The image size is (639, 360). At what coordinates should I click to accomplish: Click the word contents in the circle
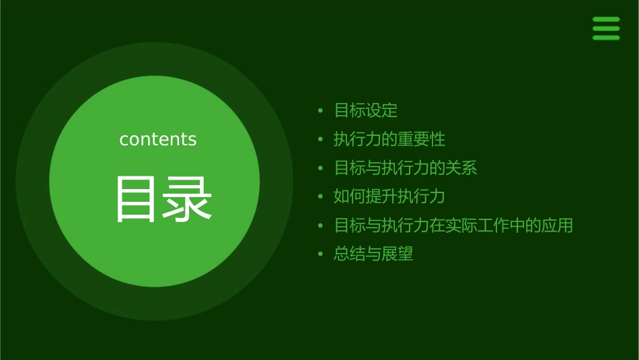click(158, 139)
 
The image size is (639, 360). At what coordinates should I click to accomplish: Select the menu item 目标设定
click(366, 110)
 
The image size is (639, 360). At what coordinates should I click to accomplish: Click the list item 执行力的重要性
click(389, 139)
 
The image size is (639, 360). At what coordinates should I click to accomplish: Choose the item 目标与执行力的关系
click(406, 168)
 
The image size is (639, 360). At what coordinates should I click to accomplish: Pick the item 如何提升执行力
click(389, 196)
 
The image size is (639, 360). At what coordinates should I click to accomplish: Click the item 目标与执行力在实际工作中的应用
click(453, 225)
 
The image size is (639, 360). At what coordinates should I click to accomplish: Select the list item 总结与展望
click(373, 254)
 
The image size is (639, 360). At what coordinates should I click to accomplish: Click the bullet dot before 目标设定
click(321, 110)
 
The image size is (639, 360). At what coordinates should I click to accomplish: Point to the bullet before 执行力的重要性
click(321, 139)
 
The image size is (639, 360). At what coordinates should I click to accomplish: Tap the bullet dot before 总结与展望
click(321, 254)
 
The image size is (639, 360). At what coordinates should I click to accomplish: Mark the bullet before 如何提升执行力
click(321, 196)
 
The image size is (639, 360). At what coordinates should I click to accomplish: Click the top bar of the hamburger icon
click(606, 19)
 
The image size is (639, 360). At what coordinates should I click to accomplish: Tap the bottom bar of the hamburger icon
click(606, 38)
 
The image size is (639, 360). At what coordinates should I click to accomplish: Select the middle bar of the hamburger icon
click(606, 28)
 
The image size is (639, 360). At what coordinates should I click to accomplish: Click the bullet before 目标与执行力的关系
click(321, 168)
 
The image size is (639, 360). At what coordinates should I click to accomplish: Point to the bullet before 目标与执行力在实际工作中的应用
click(321, 225)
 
